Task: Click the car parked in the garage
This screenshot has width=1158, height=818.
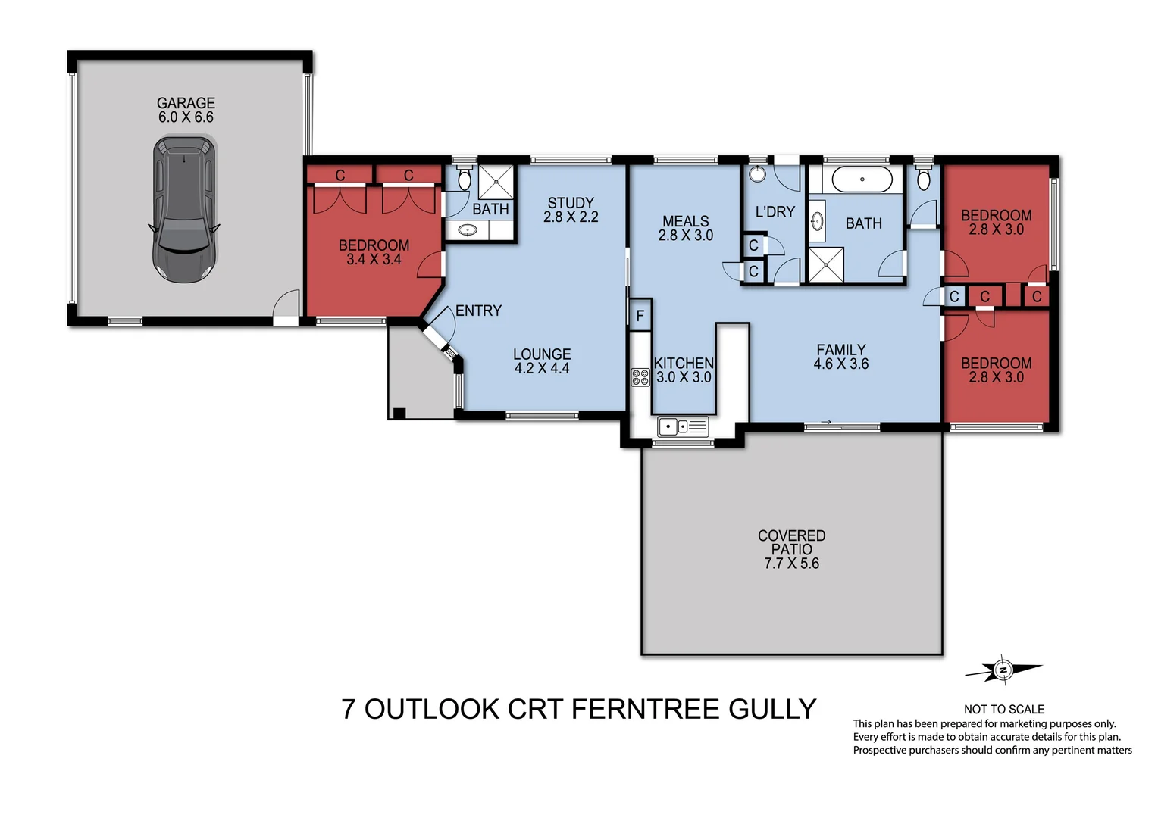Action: coord(185,209)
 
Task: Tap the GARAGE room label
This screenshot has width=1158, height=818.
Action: coord(186,103)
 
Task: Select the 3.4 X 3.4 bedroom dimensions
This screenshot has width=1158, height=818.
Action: coord(374,260)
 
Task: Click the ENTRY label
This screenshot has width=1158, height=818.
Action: coord(478,311)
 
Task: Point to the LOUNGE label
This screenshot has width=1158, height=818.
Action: coord(542,354)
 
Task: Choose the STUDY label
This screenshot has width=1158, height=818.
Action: coord(571,203)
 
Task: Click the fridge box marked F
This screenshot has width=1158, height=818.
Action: coord(640,316)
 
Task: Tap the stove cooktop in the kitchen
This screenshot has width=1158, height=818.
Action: coord(640,377)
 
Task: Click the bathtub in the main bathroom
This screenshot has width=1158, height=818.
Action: coord(862,180)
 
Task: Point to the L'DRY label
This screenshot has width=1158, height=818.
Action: coord(775,212)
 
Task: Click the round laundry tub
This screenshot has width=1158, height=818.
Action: coord(757,175)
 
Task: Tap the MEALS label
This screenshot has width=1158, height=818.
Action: coord(685,221)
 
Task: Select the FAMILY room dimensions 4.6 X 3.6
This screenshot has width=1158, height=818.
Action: coord(840,364)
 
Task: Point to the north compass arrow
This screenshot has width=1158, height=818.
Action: coord(1003,670)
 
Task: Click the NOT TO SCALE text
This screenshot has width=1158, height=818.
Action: coord(1003,709)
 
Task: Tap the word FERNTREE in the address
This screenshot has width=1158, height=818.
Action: coord(644,709)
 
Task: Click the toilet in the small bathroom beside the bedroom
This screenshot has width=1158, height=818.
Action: coord(465,180)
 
